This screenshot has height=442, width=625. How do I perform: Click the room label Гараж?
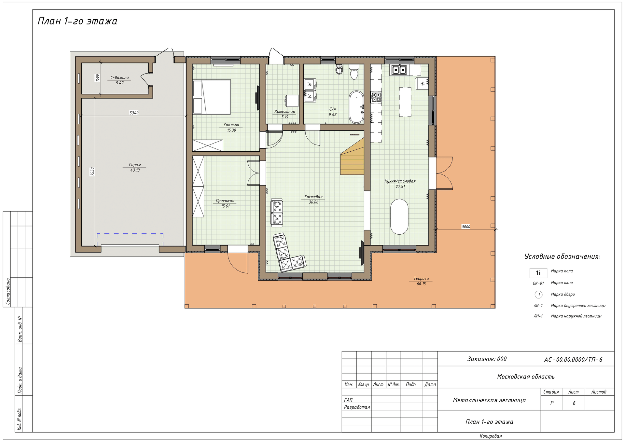click(x=135, y=165)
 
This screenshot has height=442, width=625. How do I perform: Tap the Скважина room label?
click(x=119, y=77)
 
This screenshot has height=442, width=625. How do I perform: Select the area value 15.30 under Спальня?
click(x=231, y=130)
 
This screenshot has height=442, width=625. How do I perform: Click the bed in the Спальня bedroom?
click(x=212, y=97)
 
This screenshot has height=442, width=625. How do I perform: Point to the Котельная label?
click(x=285, y=111)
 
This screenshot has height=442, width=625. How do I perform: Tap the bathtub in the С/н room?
click(x=356, y=107)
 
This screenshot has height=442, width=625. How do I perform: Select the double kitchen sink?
click(x=399, y=70)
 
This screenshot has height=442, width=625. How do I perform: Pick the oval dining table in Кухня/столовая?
click(x=399, y=216)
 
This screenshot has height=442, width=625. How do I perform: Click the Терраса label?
click(x=421, y=278)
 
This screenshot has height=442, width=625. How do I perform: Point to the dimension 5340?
click(x=134, y=113)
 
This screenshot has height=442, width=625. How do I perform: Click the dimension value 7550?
click(x=92, y=172)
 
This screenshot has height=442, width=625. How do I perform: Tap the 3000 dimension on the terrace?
click(x=466, y=227)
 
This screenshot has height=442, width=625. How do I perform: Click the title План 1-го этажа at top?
click(x=77, y=21)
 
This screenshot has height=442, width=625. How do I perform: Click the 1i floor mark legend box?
click(x=538, y=273)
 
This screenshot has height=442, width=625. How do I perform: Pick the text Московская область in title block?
click(x=526, y=377)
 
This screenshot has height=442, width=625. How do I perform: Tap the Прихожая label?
click(x=225, y=200)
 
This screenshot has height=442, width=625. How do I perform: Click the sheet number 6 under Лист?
click(x=574, y=403)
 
